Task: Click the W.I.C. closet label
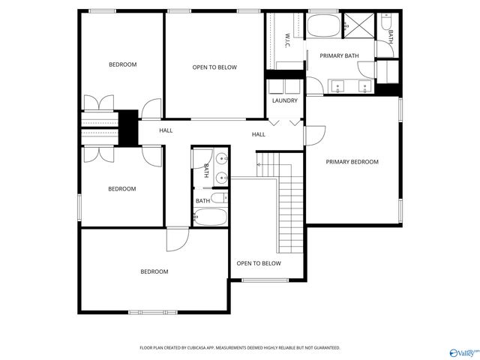(287, 40)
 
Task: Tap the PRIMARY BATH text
(339, 56)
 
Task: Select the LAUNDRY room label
(284, 100)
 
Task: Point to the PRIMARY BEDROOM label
(352, 161)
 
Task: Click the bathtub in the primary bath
(323, 28)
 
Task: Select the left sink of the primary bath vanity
(337, 86)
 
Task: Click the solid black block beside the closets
(129, 127)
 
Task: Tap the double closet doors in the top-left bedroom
(98, 103)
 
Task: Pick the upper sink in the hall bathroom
(222, 159)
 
